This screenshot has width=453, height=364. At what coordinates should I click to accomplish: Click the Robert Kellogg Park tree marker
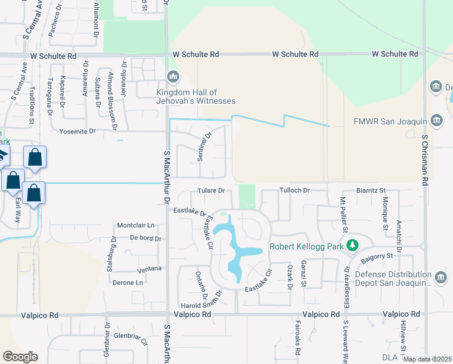point(352,246)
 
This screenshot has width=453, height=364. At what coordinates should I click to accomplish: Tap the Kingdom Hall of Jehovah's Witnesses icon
point(173,76)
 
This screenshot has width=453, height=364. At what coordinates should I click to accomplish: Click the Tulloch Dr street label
point(294,190)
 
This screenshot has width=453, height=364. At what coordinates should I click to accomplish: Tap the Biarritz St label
point(371,190)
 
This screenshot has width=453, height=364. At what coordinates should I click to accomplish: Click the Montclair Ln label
point(136,225)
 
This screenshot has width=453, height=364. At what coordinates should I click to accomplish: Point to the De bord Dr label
point(145,238)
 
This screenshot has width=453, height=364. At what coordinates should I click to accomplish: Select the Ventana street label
point(150,269)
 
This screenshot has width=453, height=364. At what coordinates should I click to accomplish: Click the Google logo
point(20,357)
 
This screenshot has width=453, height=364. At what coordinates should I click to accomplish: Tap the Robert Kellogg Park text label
point(306,246)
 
